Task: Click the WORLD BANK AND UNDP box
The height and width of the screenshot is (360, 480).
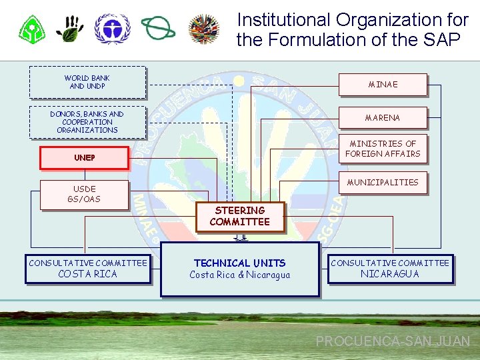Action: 87,82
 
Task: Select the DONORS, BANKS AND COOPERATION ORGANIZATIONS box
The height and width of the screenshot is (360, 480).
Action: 87,122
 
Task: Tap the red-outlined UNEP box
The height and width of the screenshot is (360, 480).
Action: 84,158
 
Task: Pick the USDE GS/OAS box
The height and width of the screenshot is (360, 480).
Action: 84,194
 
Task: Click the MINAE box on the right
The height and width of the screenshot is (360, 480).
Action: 383,85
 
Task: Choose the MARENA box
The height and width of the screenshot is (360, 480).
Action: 383,118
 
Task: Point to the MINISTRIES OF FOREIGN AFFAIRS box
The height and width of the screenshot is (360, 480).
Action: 383,149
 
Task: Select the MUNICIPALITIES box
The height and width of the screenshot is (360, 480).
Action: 383,182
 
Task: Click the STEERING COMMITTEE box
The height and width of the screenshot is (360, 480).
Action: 239,217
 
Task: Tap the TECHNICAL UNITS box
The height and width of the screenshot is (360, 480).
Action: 240,269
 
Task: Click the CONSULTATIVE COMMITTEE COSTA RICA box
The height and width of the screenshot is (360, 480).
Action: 87,269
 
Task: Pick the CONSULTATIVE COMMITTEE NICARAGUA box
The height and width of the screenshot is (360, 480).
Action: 390,269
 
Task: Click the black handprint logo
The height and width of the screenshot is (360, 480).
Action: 70,29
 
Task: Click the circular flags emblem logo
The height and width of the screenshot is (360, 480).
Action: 205,29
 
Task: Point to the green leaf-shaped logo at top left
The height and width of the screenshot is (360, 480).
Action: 31,29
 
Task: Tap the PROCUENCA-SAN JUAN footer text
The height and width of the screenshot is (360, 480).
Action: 393,341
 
